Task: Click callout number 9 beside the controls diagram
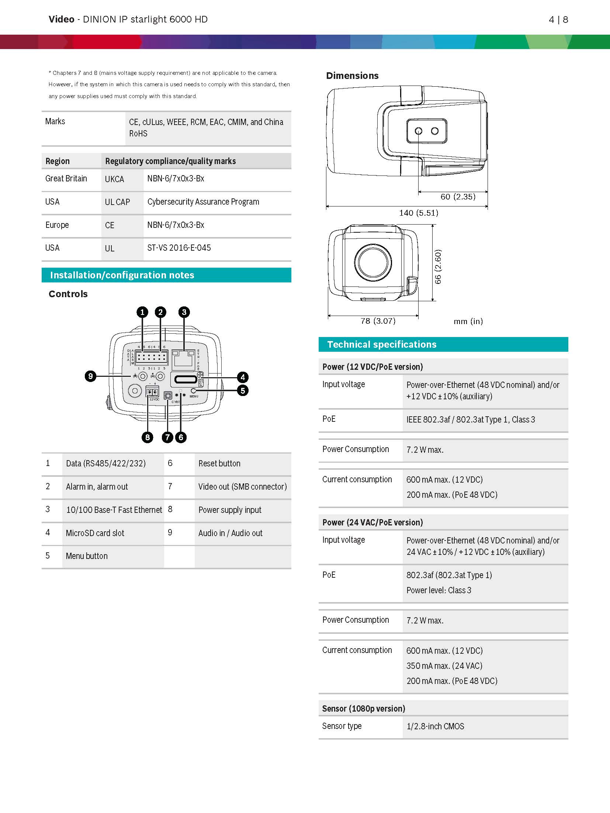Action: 90,376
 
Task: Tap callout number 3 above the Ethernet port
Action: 184,312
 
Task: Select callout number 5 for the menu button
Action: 243,390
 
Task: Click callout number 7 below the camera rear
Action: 167,437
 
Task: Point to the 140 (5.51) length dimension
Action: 419,213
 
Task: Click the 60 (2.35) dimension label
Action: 458,197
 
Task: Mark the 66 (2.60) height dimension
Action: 438,267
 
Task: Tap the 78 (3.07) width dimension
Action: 378,321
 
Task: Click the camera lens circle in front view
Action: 373,262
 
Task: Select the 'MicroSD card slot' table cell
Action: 95,533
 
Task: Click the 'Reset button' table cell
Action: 219,463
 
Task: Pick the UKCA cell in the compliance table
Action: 114,180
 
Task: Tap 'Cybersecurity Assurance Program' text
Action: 203,202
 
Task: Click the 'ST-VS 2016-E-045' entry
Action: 179,248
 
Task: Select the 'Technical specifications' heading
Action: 382,344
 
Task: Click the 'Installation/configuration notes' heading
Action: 122,275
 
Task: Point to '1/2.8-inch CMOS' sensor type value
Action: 435,726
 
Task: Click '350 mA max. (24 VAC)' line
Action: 444,666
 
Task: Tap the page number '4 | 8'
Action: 558,20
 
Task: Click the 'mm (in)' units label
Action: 468,322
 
